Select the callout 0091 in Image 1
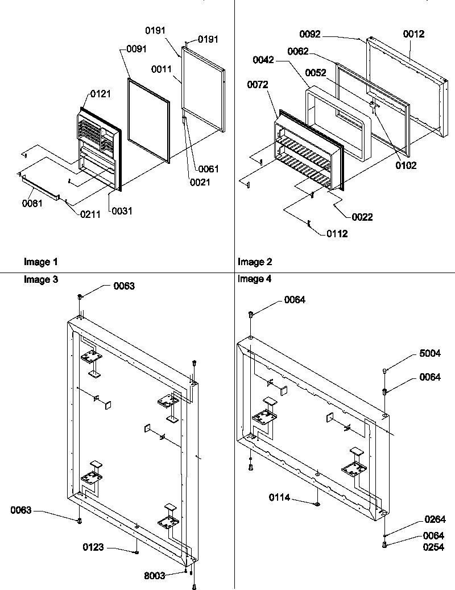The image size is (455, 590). (132, 49)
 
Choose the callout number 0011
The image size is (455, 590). (163, 69)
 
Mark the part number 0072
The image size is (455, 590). (258, 85)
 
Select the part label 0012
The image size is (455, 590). (413, 35)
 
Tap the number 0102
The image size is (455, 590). (407, 166)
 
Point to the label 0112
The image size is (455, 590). (337, 233)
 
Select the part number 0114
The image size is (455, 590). (280, 497)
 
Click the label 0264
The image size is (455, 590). (435, 519)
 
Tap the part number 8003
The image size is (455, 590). (154, 575)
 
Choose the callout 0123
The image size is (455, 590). (93, 548)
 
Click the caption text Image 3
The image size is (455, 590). (40, 279)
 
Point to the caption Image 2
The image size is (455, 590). (255, 262)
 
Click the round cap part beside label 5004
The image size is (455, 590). (385, 371)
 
